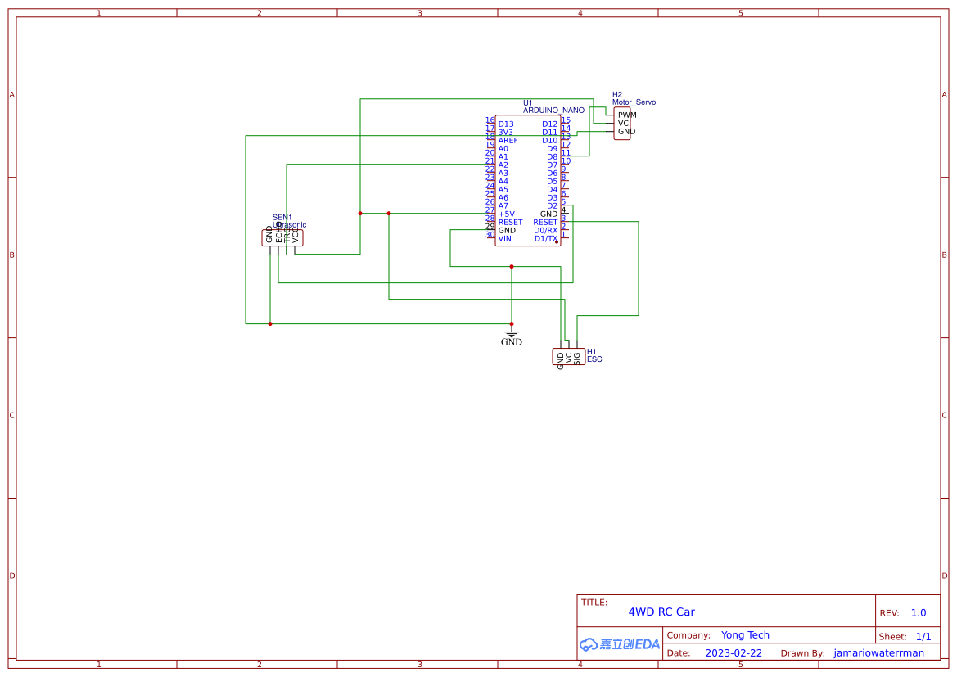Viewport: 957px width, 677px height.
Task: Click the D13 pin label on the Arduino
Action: pyautogui.click(x=506, y=124)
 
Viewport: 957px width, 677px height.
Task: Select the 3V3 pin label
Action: pyautogui.click(x=506, y=133)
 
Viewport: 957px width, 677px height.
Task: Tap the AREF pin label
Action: pyautogui.click(x=508, y=141)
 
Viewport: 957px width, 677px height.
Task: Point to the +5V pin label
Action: pyautogui.click(x=507, y=214)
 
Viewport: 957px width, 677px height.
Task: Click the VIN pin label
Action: pyautogui.click(x=504, y=239)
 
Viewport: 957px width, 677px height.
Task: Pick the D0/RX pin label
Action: pyautogui.click(x=546, y=231)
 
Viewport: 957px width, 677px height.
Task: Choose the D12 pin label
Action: pyautogui.click(x=549, y=124)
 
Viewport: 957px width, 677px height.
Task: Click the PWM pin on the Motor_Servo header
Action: pyautogui.click(x=626, y=115)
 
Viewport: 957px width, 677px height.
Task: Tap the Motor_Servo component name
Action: pyautogui.click(x=634, y=102)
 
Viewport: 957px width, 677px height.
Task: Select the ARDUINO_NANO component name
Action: pyautogui.click(x=553, y=110)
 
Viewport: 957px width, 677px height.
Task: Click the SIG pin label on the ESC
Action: pyautogui.click(x=577, y=357)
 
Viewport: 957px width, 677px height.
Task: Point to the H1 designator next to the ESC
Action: pyautogui.click(x=592, y=352)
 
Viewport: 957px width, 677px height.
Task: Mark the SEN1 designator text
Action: pyautogui.click(x=282, y=217)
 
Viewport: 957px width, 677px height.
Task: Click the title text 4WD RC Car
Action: pyautogui.click(x=661, y=612)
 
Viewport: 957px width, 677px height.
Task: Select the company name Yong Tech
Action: pyautogui.click(x=745, y=635)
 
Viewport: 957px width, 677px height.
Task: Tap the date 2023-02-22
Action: pyautogui.click(x=734, y=653)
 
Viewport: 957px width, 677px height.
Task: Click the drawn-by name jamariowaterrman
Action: pyautogui.click(x=878, y=653)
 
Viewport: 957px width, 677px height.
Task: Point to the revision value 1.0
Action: pyautogui.click(x=919, y=613)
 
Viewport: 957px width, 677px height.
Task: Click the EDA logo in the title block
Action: pyautogui.click(x=619, y=644)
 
